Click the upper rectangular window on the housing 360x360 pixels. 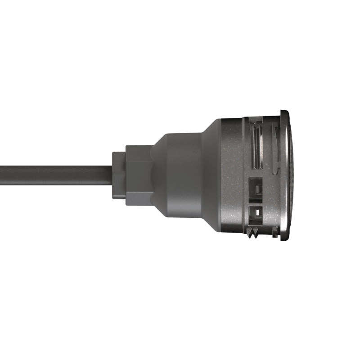pyautogui.click(x=255, y=188)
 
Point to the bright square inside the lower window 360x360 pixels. pyautogui.click(x=255, y=213)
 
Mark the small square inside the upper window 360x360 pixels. pyautogui.click(x=255, y=189)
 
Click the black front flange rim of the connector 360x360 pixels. pyautogui.click(x=284, y=175)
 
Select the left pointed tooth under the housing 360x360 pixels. pyautogui.click(x=251, y=233)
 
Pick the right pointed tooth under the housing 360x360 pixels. pyautogui.click(x=257, y=233)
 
